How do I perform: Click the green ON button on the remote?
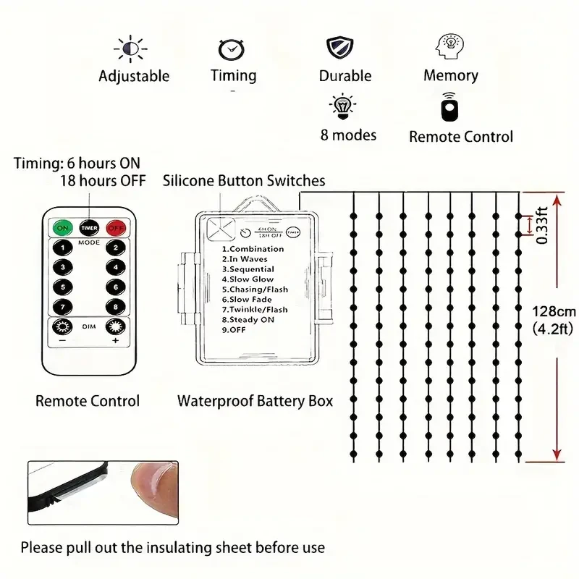tap(62, 227)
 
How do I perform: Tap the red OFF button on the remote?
tap(115, 227)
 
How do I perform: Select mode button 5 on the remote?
tap(63, 287)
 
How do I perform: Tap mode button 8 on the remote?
tap(114, 306)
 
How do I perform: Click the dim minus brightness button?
tap(63, 328)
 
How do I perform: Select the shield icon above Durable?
tap(340, 48)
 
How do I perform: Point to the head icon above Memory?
tap(449, 47)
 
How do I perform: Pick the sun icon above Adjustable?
tap(130, 48)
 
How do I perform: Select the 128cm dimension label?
tap(554, 312)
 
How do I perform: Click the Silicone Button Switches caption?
tap(244, 181)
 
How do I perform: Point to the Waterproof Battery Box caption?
tap(255, 401)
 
